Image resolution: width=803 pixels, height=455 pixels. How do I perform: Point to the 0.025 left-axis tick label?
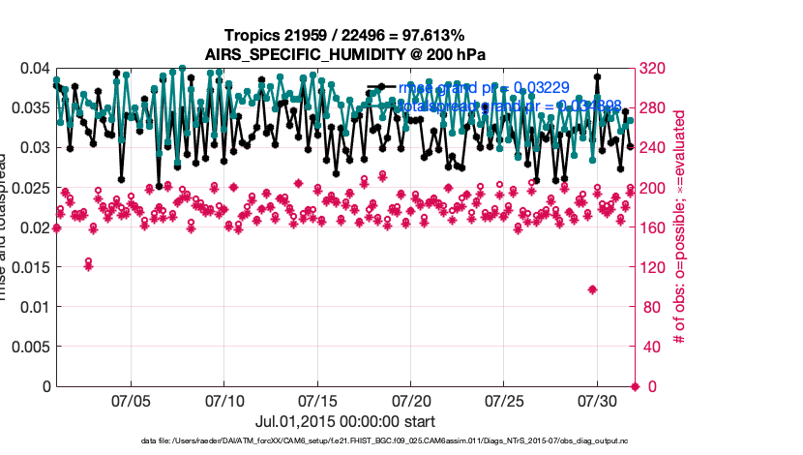click(x=29, y=188)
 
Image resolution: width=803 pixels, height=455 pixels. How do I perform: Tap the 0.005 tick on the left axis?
click(x=29, y=347)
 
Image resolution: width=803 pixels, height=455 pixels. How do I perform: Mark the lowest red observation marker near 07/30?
click(x=592, y=289)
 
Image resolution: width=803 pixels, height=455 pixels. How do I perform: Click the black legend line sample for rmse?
click(x=380, y=88)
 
